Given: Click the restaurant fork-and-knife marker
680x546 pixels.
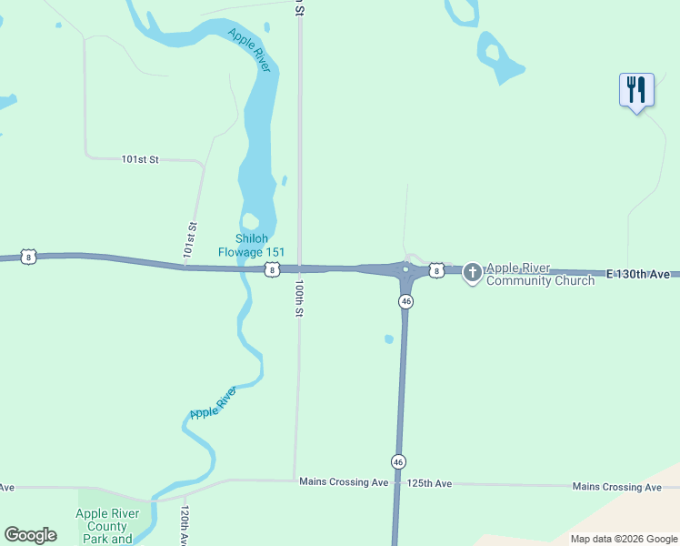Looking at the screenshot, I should [636, 89].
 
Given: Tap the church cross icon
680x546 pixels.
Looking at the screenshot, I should [472, 272].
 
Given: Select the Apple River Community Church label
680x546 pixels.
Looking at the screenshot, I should [540, 274].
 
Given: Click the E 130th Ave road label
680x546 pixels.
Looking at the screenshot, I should [638, 274].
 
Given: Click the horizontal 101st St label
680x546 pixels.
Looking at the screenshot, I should [140, 159].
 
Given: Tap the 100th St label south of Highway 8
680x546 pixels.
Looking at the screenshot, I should [297, 298].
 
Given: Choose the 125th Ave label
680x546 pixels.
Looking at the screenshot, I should [429, 483].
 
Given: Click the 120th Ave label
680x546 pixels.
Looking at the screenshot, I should [185, 526].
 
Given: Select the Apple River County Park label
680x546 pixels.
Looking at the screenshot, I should [107, 526].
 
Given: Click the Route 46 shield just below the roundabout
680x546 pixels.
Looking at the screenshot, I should [405, 301].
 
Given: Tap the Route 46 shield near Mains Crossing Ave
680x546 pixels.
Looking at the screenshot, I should [398, 461].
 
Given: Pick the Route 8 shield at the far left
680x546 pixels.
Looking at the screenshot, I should [30, 258].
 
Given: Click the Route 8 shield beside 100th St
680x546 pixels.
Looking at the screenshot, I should [271, 269].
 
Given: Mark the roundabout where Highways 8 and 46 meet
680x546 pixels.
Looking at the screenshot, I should [405, 269].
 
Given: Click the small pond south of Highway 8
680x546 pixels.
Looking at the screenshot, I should [389, 339].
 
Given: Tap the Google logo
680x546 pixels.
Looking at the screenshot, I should [30, 535].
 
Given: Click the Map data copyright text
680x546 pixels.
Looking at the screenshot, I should [624, 539].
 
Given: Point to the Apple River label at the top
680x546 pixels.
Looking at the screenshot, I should [249, 50].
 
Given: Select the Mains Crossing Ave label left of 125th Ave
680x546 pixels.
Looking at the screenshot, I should [344, 481].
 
